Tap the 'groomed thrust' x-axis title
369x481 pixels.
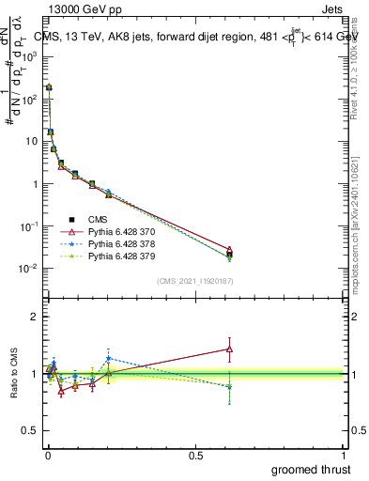coord(312,469)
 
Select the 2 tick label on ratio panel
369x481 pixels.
coord(34,317)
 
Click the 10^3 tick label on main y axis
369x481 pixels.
coord(29,55)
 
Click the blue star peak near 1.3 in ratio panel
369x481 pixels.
coord(109,358)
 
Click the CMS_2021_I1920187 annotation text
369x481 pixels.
coord(195,281)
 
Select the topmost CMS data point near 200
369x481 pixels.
coord(49,86)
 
